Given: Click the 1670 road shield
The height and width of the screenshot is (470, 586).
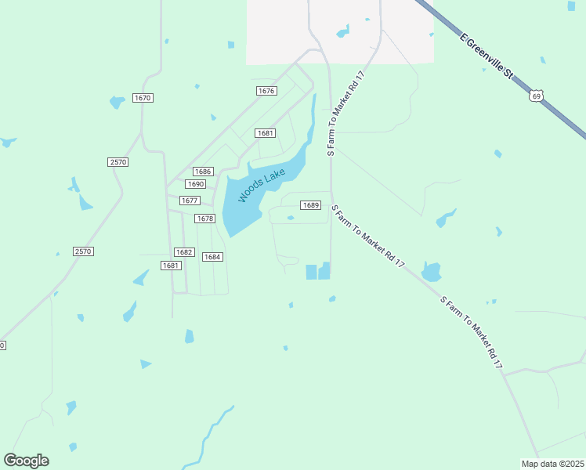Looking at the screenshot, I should pos(143,98).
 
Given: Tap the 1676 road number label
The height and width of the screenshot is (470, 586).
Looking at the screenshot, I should pos(266,91).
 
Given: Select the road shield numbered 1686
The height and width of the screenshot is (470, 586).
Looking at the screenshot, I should pos(203,172).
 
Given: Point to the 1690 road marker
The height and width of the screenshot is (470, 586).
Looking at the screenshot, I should pos(195,184).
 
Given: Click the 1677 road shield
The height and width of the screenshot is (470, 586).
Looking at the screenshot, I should pos(190,201).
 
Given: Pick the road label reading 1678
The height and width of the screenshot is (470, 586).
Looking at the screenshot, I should pos(204,219).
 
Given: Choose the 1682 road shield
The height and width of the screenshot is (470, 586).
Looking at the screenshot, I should pos(183,252).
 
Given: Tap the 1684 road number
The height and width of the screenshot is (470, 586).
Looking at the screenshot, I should pos(212,257).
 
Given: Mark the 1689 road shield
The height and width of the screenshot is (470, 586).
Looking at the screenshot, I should pos(311,205).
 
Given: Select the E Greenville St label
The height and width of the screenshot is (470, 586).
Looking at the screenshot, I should pos(486,56).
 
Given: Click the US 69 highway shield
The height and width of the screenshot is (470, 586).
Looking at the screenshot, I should pos(535,96).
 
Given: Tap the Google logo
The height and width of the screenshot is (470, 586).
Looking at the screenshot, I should pos(26,461).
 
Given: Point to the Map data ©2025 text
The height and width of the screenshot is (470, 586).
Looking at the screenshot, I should pos(552,464).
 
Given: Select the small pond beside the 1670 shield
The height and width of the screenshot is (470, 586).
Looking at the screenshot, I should pos(117,102).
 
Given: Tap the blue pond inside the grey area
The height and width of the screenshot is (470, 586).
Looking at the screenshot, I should pos(342,32).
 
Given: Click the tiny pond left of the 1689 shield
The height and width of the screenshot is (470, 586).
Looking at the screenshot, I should pos(291,219).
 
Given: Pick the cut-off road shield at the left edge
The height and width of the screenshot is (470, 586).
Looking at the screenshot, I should pos(2,345).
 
